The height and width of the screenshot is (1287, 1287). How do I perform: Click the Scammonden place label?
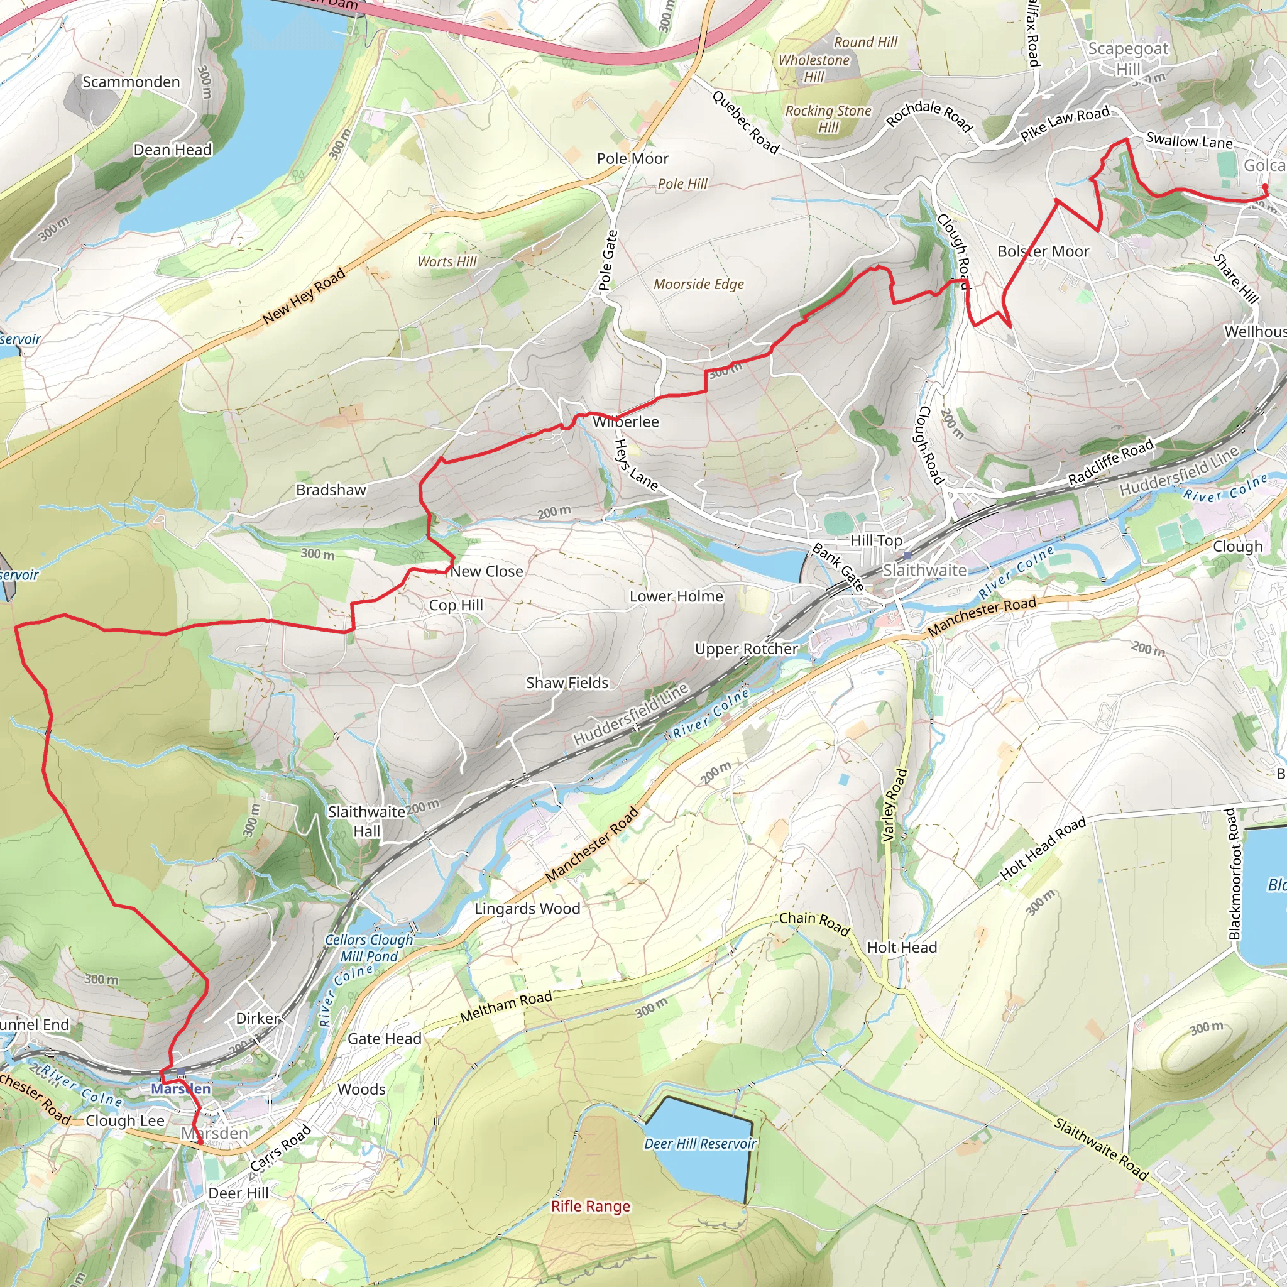[x=131, y=82]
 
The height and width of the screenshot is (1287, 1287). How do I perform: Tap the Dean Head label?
[x=173, y=150]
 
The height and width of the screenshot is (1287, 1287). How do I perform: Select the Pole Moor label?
[x=632, y=158]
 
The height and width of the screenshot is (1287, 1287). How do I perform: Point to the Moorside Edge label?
[x=698, y=285]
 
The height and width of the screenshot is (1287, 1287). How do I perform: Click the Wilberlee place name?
[x=625, y=422]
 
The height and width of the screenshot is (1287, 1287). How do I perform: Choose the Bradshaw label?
[x=331, y=490]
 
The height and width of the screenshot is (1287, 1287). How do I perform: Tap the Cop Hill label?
[x=456, y=605]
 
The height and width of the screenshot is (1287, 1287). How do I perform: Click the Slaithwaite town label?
[x=924, y=570]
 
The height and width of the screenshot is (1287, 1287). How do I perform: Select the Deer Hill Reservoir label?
[x=700, y=1144]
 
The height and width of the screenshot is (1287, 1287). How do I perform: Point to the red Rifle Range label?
[x=590, y=1207]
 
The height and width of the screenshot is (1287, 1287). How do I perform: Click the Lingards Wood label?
[x=527, y=909]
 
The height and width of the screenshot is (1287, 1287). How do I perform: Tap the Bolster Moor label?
[x=1043, y=252]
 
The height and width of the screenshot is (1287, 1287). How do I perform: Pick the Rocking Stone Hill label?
[x=828, y=119]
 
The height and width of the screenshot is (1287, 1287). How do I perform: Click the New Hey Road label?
[x=304, y=296]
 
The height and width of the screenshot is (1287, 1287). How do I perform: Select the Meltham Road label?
[x=507, y=1006]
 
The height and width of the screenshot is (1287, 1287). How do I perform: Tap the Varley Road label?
[x=894, y=806]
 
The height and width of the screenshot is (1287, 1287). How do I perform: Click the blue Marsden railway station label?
[x=180, y=1088]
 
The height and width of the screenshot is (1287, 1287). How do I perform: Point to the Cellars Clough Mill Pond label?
[x=369, y=948]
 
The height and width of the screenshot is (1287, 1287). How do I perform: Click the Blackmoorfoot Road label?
[x=1234, y=874]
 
